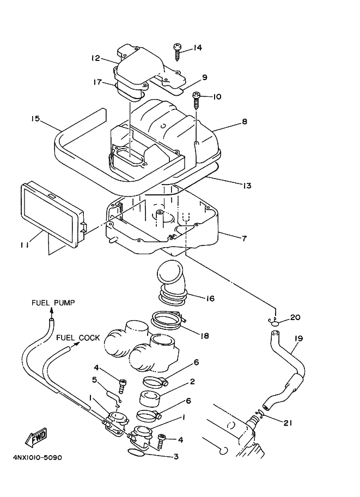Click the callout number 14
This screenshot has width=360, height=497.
(x=197, y=48)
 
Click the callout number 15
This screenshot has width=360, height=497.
(x=36, y=118)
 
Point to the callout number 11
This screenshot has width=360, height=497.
(x=25, y=246)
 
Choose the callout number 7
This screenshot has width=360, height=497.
(x=245, y=237)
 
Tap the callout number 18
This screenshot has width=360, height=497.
(x=205, y=336)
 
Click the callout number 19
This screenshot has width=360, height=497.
(x=298, y=338)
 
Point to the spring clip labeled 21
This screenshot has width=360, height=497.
(x=258, y=417)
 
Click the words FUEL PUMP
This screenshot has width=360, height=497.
(x=53, y=302)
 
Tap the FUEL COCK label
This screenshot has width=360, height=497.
(x=78, y=338)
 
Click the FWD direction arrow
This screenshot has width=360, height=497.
(x=36, y=437)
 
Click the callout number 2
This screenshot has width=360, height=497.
(x=192, y=382)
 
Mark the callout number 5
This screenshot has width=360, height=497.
(x=94, y=379)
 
